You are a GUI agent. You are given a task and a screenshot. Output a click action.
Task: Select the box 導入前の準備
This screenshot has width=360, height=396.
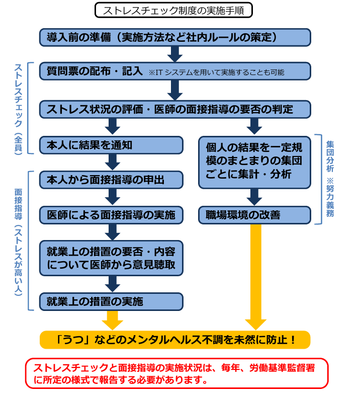pos(174,37)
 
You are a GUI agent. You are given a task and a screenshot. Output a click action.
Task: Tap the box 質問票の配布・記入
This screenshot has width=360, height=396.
pos(96,71)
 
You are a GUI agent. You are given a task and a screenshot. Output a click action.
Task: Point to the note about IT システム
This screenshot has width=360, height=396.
pos(217,72)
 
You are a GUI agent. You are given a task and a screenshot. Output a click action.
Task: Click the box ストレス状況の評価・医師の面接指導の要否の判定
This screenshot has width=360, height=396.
pos(174,109)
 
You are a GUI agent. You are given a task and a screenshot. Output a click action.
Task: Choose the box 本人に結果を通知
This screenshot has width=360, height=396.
pos(111,145)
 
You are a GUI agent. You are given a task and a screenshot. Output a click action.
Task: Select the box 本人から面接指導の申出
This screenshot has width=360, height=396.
pos(111,180)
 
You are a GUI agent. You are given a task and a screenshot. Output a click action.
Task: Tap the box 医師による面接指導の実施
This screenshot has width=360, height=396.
pos(111,215)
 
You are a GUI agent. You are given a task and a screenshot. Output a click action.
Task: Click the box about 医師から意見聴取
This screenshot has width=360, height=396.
pos(111,257)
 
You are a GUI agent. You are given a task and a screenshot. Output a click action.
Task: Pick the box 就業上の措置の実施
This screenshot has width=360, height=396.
pos(111,301)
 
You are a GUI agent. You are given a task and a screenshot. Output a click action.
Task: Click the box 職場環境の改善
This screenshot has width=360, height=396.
pos(254,215)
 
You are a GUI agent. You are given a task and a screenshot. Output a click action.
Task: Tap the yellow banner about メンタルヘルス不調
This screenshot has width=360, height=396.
pos(174,340)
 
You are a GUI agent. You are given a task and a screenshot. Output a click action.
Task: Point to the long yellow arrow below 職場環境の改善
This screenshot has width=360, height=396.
pos(255,277)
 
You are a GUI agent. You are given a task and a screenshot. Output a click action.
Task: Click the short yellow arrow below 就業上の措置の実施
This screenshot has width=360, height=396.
pos(112,320)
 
